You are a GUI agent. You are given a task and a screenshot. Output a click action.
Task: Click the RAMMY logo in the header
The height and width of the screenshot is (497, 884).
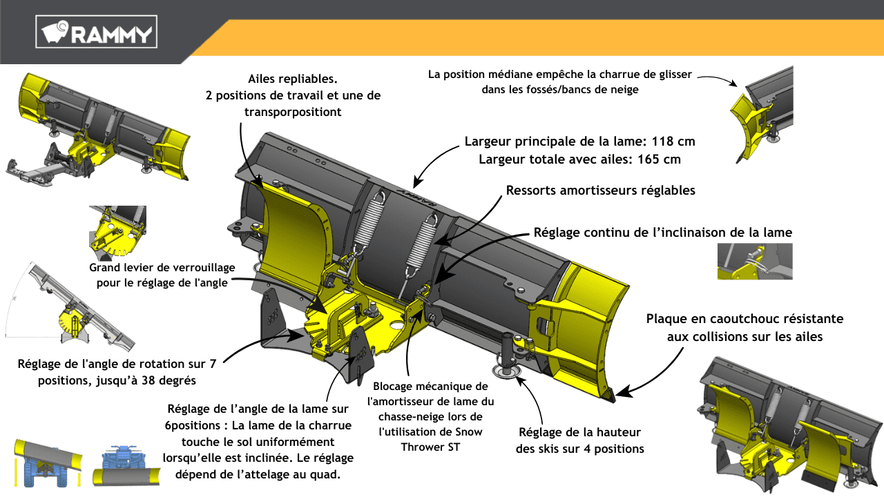click(x=96, y=32)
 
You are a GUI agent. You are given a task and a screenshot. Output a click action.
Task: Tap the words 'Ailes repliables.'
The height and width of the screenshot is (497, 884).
click(x=292, y=79)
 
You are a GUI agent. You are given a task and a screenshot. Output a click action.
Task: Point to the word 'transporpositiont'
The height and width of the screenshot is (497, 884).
click(x=292, y=112)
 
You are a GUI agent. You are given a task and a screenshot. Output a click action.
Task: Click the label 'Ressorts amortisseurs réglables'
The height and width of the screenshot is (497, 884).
click(x=600, y=191)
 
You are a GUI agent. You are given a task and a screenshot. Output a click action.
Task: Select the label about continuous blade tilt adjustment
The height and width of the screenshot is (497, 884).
click(x=662, y=233)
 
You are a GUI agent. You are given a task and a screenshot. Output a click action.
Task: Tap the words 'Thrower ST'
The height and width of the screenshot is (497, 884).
click(x=430, y=447)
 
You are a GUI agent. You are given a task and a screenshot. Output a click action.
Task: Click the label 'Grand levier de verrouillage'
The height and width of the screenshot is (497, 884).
click(x=162, y=267)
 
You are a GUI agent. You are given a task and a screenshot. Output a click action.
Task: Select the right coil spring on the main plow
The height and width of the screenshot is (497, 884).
click(x=421, y=242)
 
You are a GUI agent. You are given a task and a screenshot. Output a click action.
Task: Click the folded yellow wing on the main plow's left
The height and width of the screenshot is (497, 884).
click(x=292, y=237)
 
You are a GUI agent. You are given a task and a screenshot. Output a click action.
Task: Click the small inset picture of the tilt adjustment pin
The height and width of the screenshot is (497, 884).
click(x=755, y=261)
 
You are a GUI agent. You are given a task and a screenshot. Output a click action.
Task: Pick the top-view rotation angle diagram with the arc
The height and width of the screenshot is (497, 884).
click(x=69, y=306)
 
